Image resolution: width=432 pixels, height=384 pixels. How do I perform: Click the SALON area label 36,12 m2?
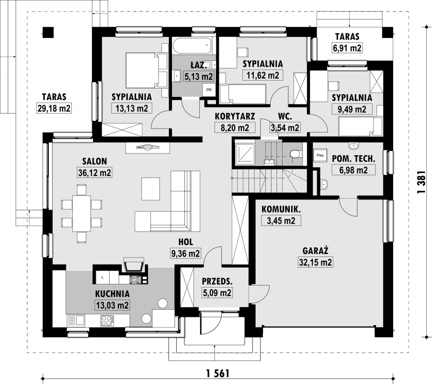(94, 173)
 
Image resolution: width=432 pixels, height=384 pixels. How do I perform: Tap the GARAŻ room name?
(316, 250)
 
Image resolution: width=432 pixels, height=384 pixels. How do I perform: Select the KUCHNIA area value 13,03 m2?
(112, 305)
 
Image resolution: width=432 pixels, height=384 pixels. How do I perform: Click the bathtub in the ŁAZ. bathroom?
(193, 46)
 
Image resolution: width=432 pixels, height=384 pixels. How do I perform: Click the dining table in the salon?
(81, 213)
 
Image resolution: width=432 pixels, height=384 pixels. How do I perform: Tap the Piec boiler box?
(320, 155)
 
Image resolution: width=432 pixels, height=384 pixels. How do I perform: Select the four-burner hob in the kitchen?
(107, 320)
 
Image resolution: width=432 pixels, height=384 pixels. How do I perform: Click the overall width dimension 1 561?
(217, 373)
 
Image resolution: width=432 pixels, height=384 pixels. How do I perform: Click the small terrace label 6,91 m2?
(347, 48)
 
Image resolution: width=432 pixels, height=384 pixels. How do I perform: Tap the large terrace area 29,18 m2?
(54, 108)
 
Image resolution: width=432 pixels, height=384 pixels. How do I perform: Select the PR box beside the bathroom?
(209, 90)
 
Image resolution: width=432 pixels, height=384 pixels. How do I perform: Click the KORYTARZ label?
(235, 116)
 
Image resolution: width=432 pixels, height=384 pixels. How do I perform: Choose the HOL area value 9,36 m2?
(185, 253)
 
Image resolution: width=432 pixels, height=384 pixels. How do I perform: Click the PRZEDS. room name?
(217, 281)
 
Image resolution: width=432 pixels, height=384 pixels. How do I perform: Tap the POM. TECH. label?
(353, 158)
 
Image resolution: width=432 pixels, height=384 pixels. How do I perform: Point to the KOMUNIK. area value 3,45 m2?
(281, 221)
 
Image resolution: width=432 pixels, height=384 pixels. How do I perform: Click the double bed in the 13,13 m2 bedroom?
(147, 70)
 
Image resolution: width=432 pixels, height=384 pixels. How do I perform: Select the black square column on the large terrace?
(48, 32)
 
